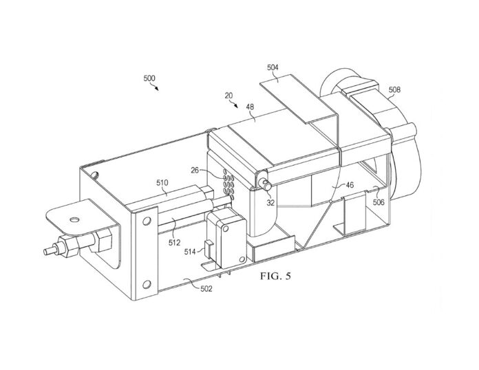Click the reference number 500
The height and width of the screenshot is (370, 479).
pos(149,79)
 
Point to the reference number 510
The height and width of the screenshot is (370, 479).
pos(162,183)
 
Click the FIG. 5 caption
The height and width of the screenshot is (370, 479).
pos(275,277)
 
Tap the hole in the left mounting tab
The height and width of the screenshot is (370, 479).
pos(73,219)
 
